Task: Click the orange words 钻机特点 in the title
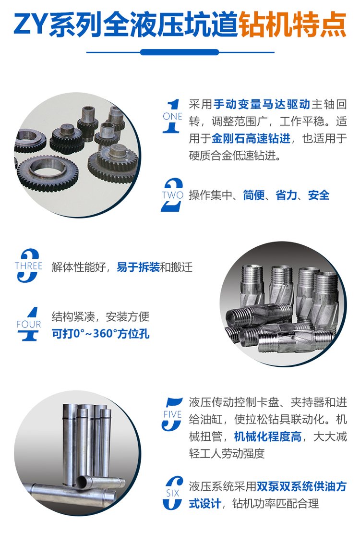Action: (292, 24)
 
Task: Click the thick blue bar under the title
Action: (180, 52)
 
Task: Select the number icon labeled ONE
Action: (172, 116)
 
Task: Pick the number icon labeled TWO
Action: (172, 195)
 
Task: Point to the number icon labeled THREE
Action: (28, 266)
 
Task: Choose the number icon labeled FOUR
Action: (28, 324)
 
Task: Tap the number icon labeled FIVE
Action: (172, 414)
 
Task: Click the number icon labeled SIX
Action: (172, 493)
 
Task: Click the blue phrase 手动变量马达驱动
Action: (262, 104)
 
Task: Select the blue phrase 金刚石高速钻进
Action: (251, 138)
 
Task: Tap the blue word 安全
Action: (319, 195)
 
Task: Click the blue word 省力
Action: (286, 195)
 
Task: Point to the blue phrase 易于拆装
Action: (138, 267)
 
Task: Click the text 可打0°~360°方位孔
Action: (101, 333)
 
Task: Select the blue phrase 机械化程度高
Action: (268, 436)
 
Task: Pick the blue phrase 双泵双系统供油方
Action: (301, 486)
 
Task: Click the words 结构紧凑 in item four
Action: (73, 316)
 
